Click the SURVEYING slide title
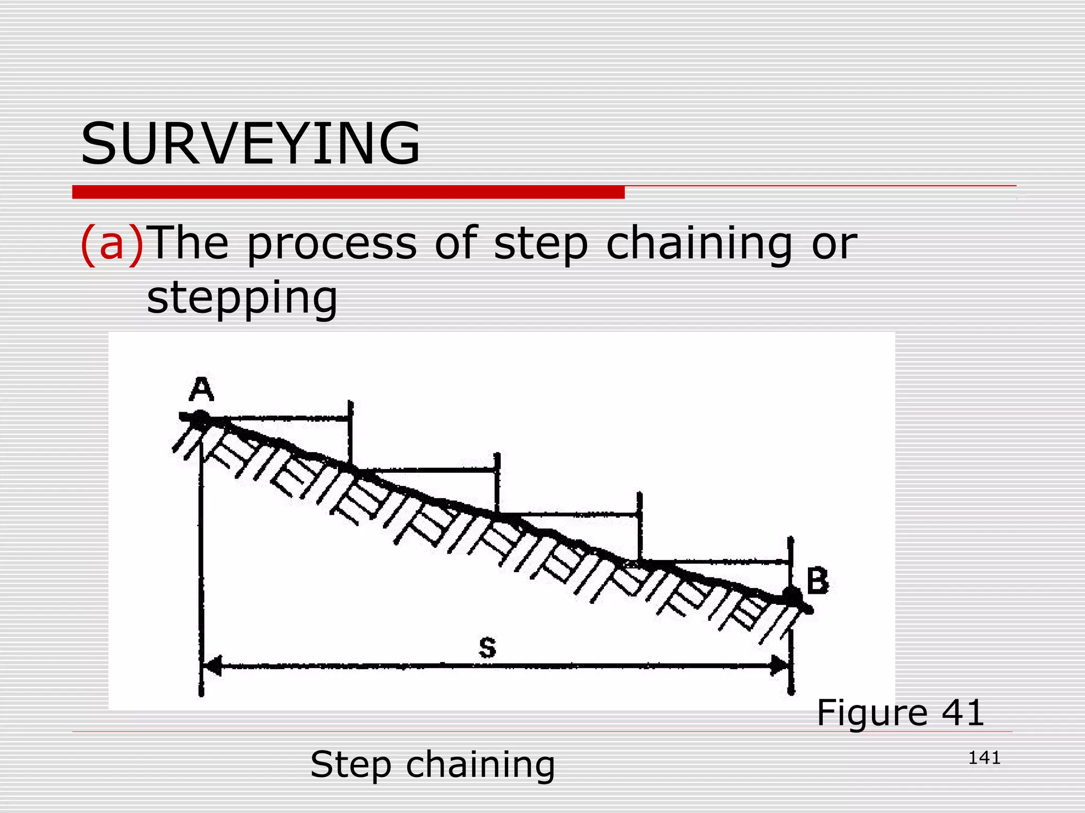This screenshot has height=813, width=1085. pos(250,144)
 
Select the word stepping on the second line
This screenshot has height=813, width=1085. pos(242,298)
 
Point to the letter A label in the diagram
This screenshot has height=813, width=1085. pos(201,390)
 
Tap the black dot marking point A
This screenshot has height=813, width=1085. pos(200,418)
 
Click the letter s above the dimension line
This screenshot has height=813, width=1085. pos(487,647)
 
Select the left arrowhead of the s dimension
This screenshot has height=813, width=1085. pos(212,665)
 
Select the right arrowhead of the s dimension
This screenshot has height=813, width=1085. pos(780,665)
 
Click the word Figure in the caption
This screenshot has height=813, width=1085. pos(872,713)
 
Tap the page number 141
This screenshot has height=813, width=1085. pos(984,758)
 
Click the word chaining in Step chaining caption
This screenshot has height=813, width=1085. pos(481,765)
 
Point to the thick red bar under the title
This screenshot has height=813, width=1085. pos(348,192)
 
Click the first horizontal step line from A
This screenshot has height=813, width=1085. pos(286,418)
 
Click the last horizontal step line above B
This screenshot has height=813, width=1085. pos(715,561)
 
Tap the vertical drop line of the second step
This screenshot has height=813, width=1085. pos(496,484)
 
